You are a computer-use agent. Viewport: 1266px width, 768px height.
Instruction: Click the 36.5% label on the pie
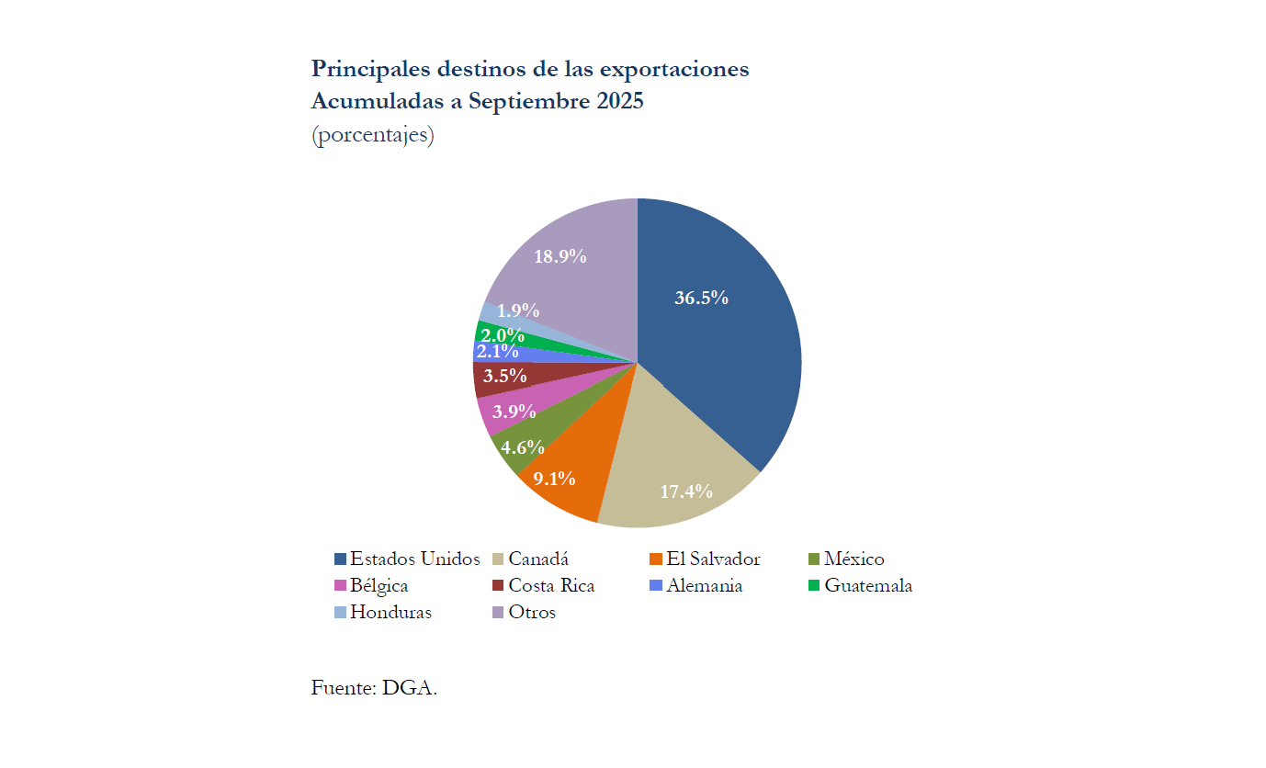[x=701, y=298]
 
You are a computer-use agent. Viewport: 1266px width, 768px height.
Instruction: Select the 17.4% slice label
[x=686, y=491]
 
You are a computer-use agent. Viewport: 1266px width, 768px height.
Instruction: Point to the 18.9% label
[x=560, y=257]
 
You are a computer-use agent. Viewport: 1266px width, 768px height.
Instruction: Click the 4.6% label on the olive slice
[x=523, y=447]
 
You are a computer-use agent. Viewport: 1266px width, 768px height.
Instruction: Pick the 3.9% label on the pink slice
[x=514, y=412]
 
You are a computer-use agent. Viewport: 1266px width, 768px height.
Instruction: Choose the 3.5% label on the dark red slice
[x=504, y=376]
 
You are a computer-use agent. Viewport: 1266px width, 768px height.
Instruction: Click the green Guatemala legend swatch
[x=814, y=585]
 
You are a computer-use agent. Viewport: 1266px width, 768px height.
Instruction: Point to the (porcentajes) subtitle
[x=372, y=135]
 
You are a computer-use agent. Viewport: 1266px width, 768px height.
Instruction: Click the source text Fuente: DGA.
[x=374, y=687]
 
